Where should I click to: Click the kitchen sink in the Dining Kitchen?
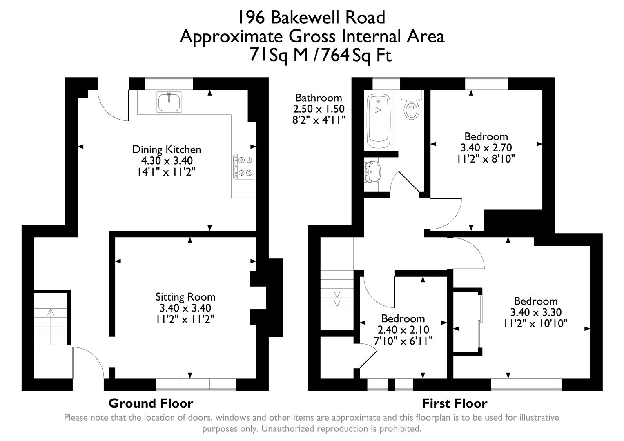(x=169, y=102)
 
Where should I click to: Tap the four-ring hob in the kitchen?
(x=244, y=166)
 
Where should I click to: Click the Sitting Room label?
(x=185, y=297)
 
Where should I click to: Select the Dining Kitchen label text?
(x=167, y=149)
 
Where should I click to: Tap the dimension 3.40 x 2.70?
(x=486, y=147)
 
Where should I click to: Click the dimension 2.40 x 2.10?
(x=403, y=330)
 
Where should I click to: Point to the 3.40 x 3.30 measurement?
(x=535, y=312)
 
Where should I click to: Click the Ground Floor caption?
(x=151, y=403)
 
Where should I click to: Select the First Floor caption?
(x=454, y=403)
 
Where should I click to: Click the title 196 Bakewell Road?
(x=311, y=18)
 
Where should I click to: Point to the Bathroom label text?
(x=319, y=98)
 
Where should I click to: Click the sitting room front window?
(x=196, y=384)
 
